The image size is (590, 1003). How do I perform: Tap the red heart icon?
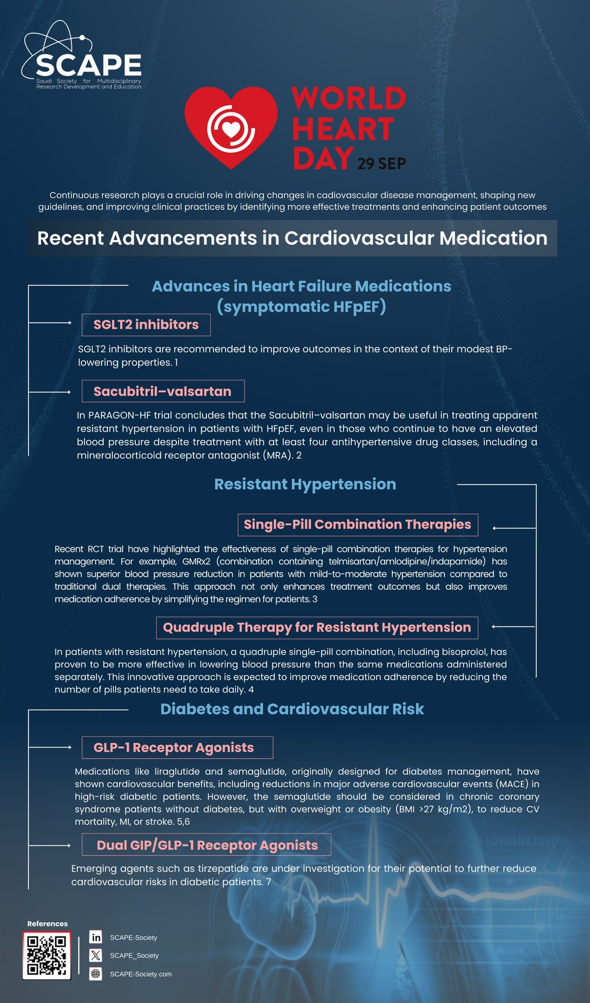click(x=231, y=126)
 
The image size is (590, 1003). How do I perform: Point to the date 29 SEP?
click(x=381, y=164)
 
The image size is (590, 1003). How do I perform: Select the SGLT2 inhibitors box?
click(x=146, y=325)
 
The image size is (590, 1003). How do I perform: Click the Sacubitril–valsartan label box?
click(x=163, y=391)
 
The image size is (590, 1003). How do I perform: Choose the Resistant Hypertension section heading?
click(x=305, y=484)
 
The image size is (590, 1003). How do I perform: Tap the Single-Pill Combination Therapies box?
click(x=357, y=525)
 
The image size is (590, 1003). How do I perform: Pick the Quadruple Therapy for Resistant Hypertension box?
click(x=317, y=628)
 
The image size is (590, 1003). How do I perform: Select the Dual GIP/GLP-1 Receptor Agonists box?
click(x=206, y=845)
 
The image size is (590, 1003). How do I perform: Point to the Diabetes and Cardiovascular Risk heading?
click(x=292, y=709)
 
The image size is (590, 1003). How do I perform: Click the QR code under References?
click(x=47, y=955)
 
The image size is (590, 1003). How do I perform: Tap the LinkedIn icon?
click(x=96, y=937)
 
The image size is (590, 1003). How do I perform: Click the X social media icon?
click(x=96, y=955)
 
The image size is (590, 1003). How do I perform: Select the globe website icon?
click(x=96, y=974)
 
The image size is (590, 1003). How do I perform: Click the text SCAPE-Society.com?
click(x=141, y=974)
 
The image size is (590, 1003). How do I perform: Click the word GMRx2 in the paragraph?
click(x=196, y=561)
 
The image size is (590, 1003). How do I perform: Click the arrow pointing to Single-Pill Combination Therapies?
click(x=513, y=528)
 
